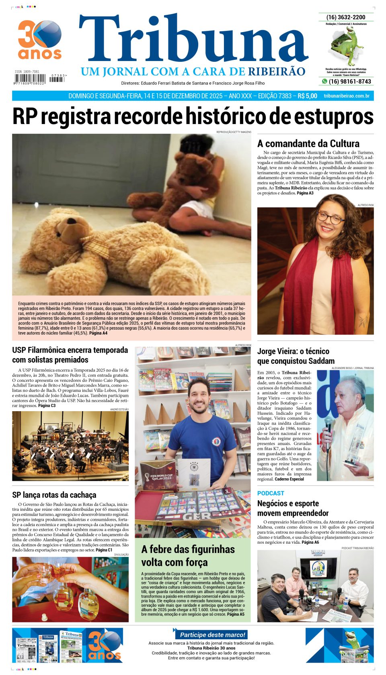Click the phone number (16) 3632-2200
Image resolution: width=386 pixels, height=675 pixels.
[x=346, y=17]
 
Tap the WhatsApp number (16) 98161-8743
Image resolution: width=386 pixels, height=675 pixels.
[x=349, y=82]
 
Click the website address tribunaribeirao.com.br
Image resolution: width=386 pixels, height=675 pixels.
[x=346, y=96]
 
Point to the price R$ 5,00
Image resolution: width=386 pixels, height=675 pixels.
[x=307, y=96]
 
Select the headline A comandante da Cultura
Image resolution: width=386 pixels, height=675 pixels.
[x=308, y=143]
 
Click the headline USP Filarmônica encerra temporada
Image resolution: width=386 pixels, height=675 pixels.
[x=70, y=350]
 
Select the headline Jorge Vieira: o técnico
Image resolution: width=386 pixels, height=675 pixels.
[x=293, y=351]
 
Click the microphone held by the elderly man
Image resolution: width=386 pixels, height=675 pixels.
[x=328, y=426]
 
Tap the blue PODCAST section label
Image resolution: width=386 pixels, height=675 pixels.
[x=271, y=493]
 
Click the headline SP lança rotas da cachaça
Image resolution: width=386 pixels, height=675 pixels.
[x=54, y=495]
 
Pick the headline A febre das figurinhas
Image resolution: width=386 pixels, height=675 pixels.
[x=188, y=549]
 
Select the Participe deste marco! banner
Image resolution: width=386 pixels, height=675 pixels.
[x=212, y=635]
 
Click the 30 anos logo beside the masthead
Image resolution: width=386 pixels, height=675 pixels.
[x=39, y=40]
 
